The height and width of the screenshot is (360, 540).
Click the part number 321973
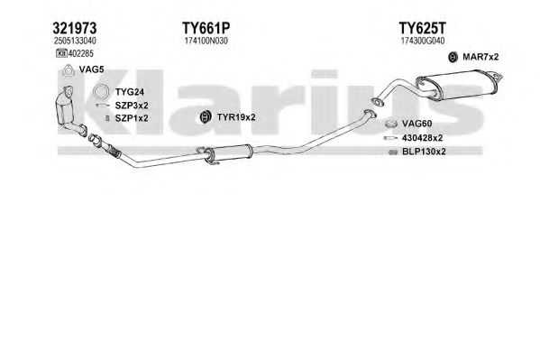click(x=75, y=28)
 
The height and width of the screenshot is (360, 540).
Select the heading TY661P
click(x=206, y=28)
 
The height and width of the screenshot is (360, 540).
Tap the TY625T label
click(x=422, y=28)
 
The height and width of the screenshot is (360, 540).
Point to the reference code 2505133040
click(x=75, y=41)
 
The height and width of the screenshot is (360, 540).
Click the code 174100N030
click(x=206, y=41)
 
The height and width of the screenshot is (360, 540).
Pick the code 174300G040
click(x=423, y=41)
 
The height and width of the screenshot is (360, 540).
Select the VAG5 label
click(x=91, y=69)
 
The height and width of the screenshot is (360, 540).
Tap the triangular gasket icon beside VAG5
click(x=69, y=70)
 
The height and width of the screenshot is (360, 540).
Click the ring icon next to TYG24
click(x=101, y=92)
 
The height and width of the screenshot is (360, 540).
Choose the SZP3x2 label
click(x=132, y=106)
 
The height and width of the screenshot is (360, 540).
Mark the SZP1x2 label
click(x=132, y=118)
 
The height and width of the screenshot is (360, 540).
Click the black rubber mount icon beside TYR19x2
click(x=206, y=117)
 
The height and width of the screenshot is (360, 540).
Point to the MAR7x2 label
click(x=481, y=57)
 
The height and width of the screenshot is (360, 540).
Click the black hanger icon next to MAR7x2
click(x=453, y=57)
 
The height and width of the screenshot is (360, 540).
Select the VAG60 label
click(x=416, y=124)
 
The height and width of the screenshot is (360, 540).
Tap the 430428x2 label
click(x=422, y=138)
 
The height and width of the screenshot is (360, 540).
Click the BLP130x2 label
click(x=424, y=152)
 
